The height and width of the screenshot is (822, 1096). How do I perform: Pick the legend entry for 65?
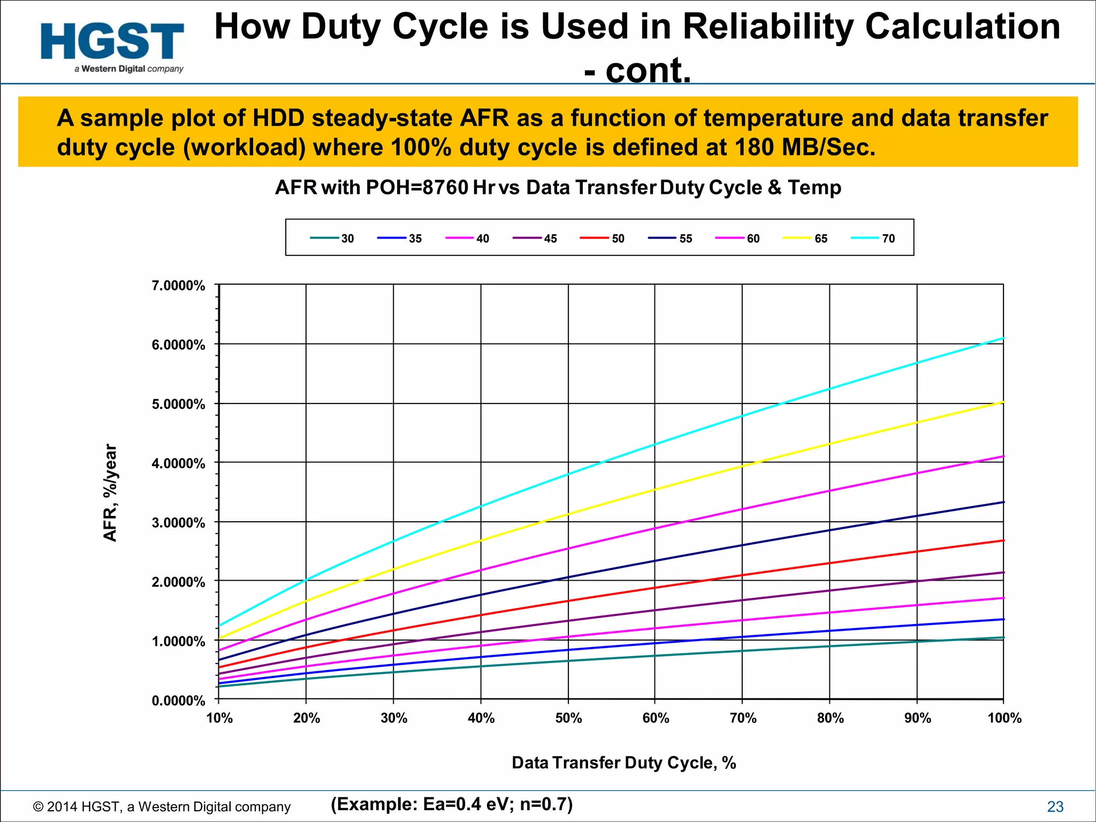(806, 239)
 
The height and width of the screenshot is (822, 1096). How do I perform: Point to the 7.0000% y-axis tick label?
(178, 286)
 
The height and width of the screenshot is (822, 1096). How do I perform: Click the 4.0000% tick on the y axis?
(178, 463)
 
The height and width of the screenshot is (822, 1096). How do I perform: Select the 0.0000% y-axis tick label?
(178, 701)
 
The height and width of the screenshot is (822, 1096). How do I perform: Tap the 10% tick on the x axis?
(219, 718)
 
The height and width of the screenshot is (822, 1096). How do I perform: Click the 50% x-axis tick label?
(568, 718)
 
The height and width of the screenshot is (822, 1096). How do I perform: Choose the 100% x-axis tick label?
(1004, 718)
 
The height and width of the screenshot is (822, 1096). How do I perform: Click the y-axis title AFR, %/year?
(110, 493)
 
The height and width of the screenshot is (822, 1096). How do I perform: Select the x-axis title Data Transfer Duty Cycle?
(623, 763)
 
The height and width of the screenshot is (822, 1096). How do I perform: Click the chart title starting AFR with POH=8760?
(558, 188)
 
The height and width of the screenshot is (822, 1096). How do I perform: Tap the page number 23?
(1055, 806)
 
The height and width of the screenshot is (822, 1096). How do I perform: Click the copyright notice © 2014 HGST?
(162, 806)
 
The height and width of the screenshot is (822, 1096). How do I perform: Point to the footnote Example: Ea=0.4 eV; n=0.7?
(452, 804)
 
